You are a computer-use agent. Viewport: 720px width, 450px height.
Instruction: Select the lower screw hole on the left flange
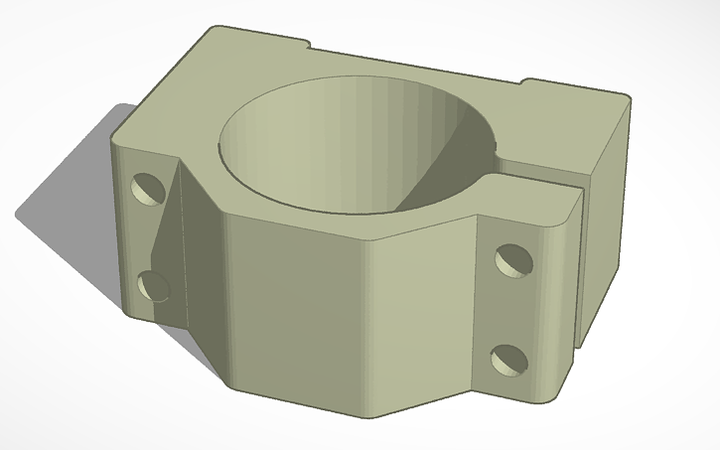coord(154,286)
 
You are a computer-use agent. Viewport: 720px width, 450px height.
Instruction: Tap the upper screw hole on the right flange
coord(513,259)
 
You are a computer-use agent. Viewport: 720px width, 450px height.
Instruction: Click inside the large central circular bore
coord(328,149)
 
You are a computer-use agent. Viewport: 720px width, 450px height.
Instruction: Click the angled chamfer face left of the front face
coord(199,268)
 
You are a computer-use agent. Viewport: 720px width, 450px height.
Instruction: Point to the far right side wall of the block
coord(606,228)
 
